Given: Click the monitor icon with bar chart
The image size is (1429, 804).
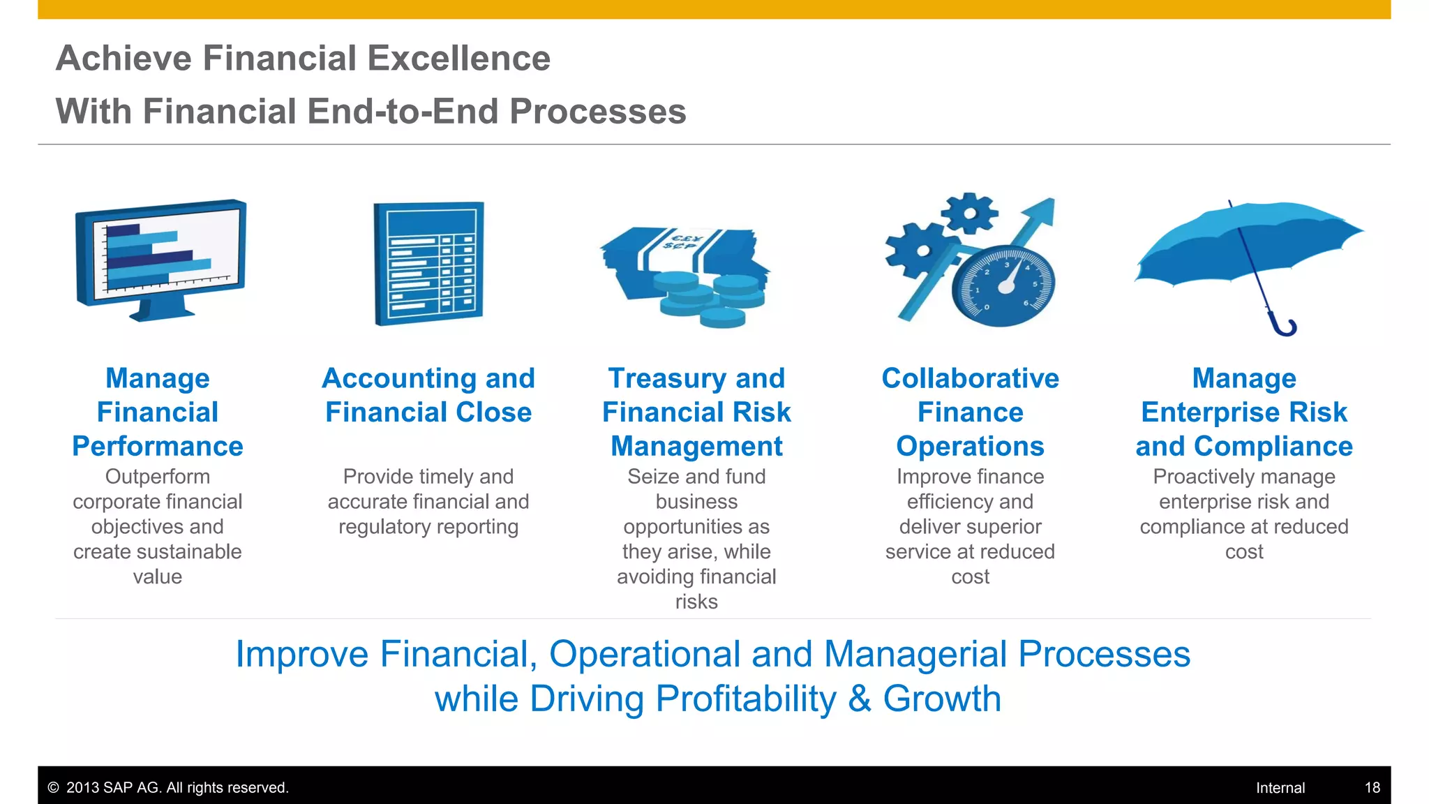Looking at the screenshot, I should (x=160, y=258).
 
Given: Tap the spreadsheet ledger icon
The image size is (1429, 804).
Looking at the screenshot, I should (x=428, y=264).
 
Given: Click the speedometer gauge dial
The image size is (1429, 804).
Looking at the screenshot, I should (x=1003, y=286).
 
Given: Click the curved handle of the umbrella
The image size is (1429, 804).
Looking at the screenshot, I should (x=1285, y=327).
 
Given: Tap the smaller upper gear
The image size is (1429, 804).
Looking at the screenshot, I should (x=969, y=213).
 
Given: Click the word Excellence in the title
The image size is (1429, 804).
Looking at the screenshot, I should (x=458, y=58).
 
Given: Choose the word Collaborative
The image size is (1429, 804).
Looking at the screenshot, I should (x=970, y=378).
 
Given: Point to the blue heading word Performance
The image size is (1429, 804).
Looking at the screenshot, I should (x=158, y=447).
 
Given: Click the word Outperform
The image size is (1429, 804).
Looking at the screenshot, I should (x=158, y=477).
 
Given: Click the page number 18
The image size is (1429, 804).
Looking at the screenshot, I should (x=1372, y=788).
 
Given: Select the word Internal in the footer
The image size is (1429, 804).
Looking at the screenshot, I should (x=1280, y=788).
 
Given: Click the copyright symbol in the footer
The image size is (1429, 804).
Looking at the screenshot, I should (x=53, y=788).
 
